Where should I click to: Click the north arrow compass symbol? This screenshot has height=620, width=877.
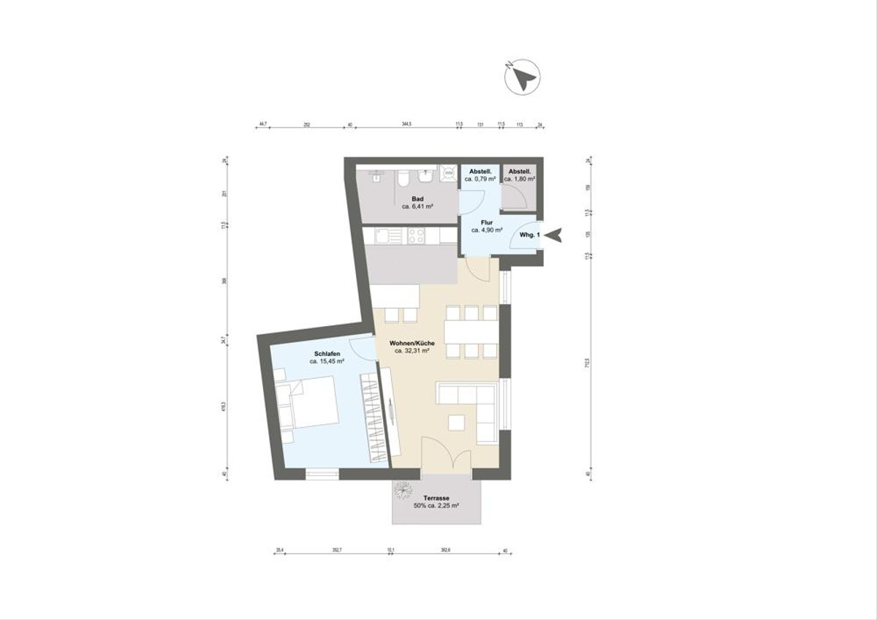522,77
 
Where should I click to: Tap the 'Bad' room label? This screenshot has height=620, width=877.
418,198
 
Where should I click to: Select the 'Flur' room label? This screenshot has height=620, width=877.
486,222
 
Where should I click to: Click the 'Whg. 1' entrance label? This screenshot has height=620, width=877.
528,235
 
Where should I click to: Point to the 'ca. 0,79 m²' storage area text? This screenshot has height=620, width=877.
480,179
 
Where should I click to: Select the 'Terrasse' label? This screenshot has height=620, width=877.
436,498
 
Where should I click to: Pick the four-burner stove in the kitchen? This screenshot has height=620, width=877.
417,235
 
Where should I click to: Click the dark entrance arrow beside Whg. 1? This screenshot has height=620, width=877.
555,235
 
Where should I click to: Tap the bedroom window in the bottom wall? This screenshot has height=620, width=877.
322,473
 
